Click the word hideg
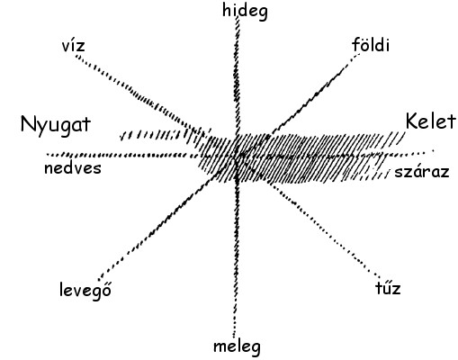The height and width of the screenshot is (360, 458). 245,12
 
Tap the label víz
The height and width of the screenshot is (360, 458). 73,46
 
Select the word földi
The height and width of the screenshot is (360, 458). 371,45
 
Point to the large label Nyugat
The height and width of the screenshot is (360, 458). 56,125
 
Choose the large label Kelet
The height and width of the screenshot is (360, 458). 431,121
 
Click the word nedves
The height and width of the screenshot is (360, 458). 73,168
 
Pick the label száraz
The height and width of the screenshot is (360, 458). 422,173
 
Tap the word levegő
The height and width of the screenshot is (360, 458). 85,290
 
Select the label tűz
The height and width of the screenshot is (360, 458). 388,288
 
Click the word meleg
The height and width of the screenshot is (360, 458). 237,346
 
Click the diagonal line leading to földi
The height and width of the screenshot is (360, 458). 312,95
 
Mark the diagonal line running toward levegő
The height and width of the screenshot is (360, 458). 159,227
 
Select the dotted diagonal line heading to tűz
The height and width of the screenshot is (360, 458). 326,229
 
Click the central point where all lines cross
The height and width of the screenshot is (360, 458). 237,156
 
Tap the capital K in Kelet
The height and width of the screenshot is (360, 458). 412,121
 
